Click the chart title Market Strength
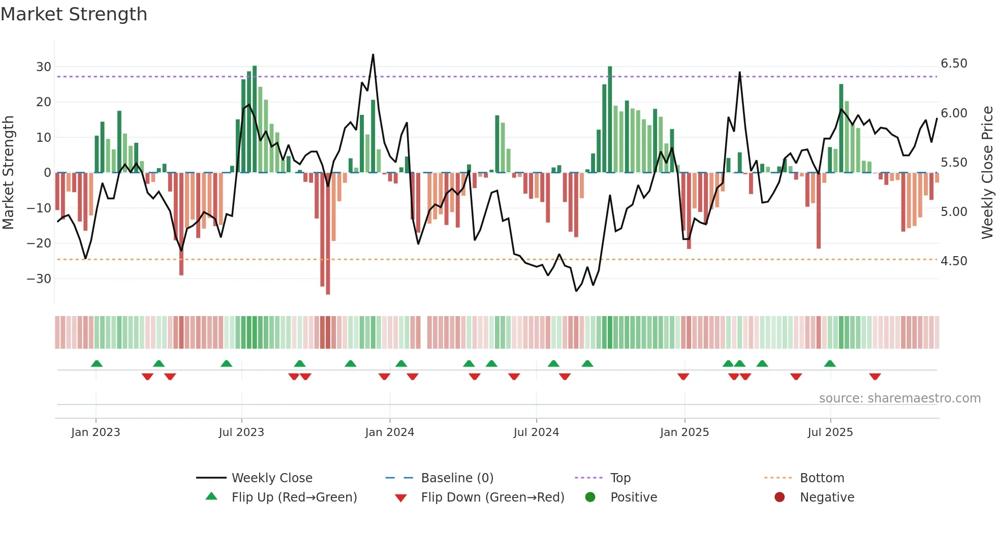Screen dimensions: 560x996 click(74, 14)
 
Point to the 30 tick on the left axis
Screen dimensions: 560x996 click(44, 67)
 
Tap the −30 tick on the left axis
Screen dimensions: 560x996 click(39, 278)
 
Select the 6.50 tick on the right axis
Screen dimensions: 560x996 click(954, 64)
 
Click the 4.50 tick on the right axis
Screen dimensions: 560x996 click(954, 261)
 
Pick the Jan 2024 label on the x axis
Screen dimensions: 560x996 click(389, 432)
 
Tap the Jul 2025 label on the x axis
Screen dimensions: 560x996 click(830, 432)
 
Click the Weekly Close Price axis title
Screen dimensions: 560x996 click(987, 172)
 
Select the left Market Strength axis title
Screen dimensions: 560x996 click(9, 172)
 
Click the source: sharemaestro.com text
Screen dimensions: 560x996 click(899, 398)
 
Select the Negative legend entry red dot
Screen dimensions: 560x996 click(780, 497)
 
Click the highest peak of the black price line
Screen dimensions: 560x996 click(373, 55)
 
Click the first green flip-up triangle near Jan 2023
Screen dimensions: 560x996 click(97, 363)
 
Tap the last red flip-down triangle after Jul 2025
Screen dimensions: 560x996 click(875, 377)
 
